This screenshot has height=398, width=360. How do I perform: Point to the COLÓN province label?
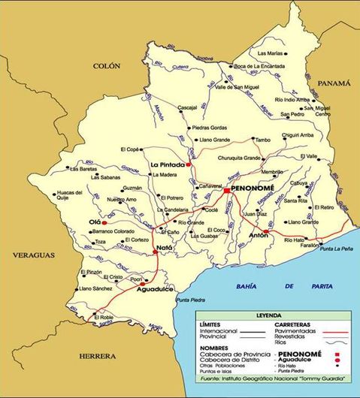coord(106,66)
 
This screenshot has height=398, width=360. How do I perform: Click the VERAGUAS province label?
coord(34,255)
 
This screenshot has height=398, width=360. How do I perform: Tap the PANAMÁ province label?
coord(334,83)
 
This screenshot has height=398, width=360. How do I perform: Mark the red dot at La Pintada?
coord(190,164)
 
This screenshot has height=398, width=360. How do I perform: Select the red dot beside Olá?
coord(105,223)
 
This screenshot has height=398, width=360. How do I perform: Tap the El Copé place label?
coord(130,149)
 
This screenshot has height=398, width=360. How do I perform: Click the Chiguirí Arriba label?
coord(298,134)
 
